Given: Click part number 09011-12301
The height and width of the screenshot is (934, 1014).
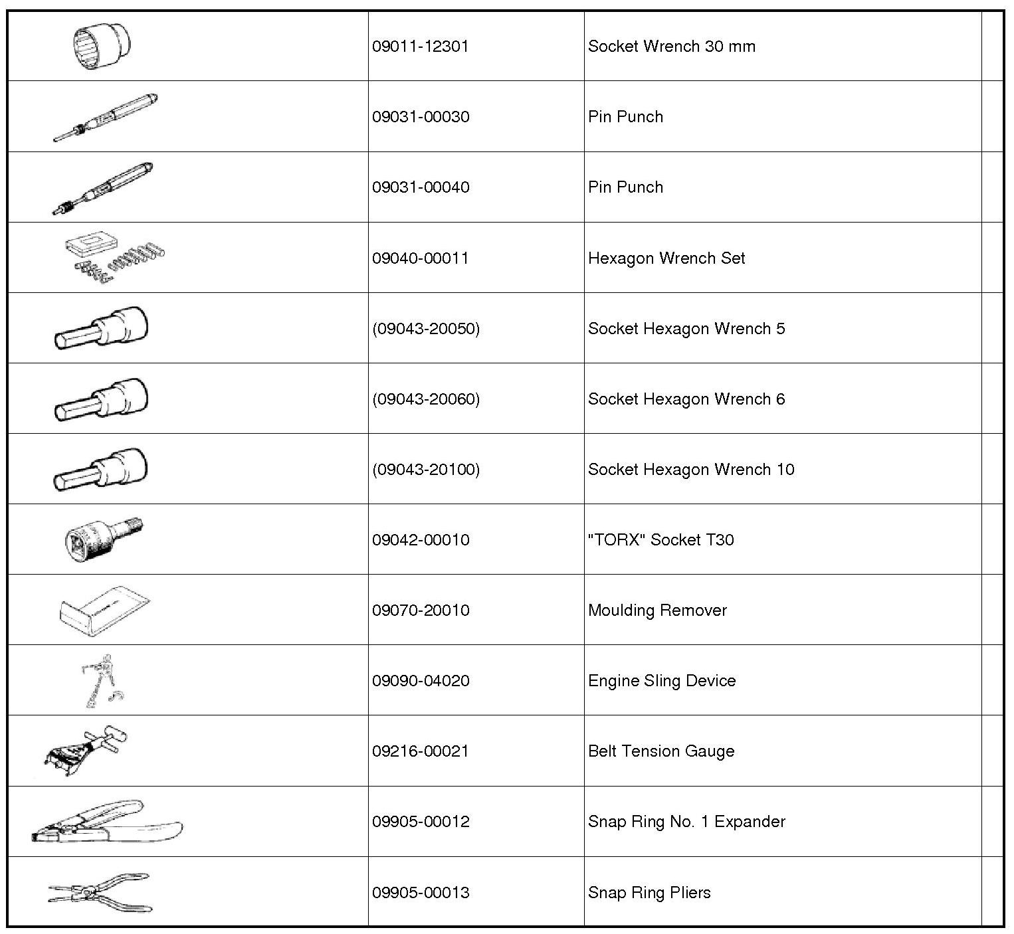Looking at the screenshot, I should (x=421, y=47).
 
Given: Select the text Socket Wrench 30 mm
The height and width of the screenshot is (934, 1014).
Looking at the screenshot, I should (x=671, y=47).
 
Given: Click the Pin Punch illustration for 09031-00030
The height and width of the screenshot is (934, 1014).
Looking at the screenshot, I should (x=106, y=117).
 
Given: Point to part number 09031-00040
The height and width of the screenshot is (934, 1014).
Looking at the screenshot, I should (x=421, y=187).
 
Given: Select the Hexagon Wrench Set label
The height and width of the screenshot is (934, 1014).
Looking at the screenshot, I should (x=666, y=258).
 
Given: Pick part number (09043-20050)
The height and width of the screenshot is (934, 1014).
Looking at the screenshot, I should (x=425, y=329).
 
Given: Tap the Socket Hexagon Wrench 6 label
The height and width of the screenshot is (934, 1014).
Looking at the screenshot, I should (x=686, y=399).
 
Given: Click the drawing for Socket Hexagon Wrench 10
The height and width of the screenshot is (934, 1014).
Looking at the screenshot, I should (x=101, y=469).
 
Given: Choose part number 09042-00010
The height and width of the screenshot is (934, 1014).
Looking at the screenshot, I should (x=421, y=540).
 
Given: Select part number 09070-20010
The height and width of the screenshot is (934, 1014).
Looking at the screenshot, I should (x=421, y=610).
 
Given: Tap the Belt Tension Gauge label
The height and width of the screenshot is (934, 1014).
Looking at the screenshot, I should (x=661, y=751).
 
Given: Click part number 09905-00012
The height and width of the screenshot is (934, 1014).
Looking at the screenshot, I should (x=421, y=822).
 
